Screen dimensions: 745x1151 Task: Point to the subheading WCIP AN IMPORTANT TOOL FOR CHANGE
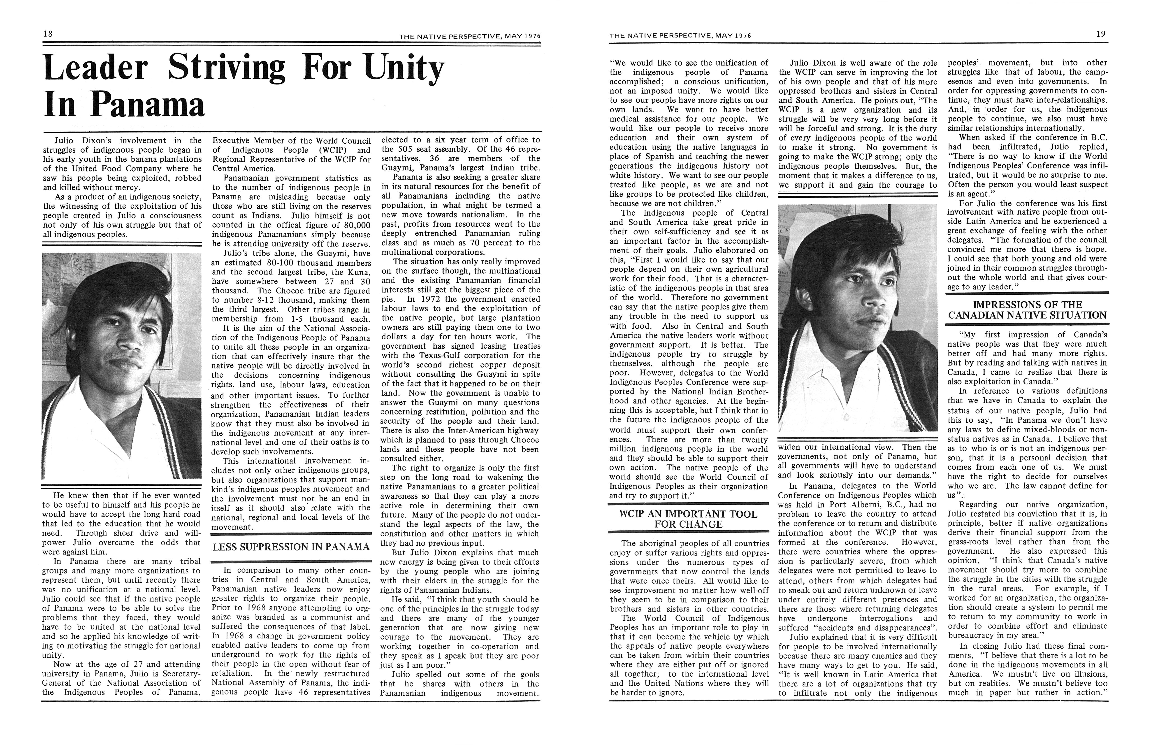688,519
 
